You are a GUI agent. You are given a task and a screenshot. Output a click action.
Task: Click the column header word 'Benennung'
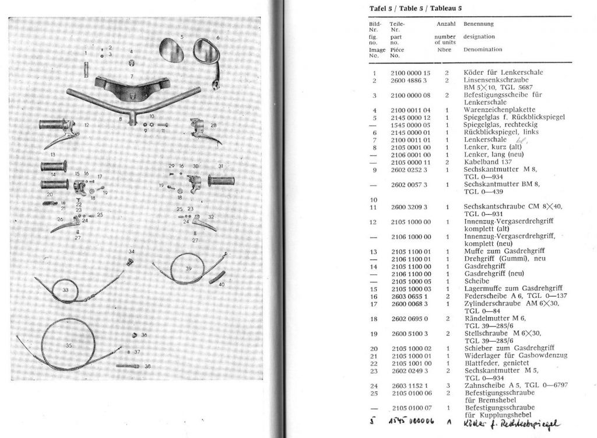tap(478, 24)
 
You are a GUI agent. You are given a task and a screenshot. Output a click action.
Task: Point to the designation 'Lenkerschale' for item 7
tap(485, 140)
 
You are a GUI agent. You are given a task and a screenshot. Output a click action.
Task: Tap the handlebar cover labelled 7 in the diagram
tap(132, 88)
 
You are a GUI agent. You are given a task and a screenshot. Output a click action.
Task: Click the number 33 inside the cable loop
tap(65, 290)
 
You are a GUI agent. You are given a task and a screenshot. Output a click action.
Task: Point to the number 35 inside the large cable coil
tap(69, 346)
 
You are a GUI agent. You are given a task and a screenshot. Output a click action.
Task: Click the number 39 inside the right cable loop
tap(188, 268)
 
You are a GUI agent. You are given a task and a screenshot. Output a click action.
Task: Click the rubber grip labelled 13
tap(54, 166)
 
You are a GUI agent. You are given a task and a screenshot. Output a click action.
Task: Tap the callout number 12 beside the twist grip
tap(86, 125)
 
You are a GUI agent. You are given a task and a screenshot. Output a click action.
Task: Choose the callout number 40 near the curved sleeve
tap(221, 284)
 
